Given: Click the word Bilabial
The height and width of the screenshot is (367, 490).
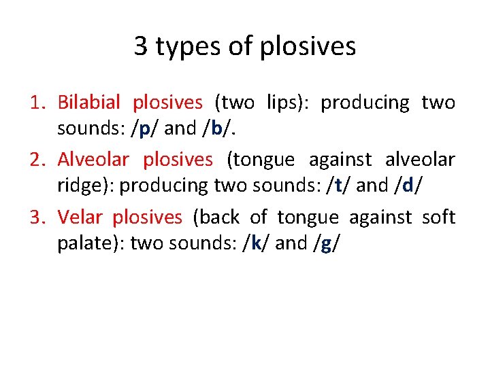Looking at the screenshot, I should [88, 103].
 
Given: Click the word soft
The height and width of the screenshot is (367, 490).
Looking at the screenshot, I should [438, 217].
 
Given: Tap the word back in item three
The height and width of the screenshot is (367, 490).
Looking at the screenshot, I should [218, 217].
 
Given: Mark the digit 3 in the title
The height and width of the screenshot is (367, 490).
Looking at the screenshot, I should [141, 47].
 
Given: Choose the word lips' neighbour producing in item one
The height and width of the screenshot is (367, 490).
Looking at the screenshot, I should [365, 103].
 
